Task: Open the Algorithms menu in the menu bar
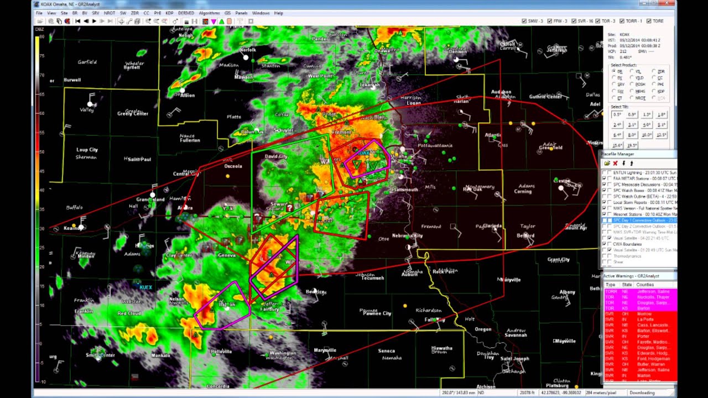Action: click(x=209, y=13)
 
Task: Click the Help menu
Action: click(x=278, y=13)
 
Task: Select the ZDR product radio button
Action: click(x=653, y=71)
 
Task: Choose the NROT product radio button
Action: click(x=632, y=98)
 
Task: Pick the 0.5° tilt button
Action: click(x=617, y=114)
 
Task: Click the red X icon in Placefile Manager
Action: click(x=615, y=164)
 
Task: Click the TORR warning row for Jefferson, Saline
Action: click(x=639, y=291)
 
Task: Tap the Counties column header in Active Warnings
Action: click(x=645, y=285)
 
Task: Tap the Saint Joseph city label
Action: click(x=514, y=359)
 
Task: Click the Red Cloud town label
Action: click(x=129, y=313)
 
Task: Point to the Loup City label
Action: click(x=87, y=150)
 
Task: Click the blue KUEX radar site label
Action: click(x=145, y=287)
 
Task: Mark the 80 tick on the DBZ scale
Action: click(x=40, y=37)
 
